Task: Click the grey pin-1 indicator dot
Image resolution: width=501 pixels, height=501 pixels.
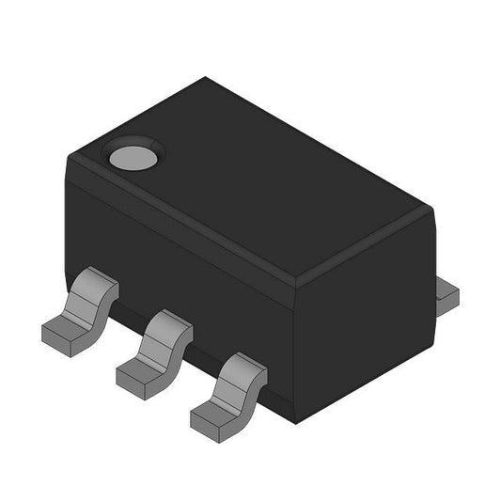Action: (131, 156)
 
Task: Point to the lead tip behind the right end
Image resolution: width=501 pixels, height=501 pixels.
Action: (448, 293)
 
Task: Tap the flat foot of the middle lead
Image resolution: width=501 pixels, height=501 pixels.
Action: (138, 373)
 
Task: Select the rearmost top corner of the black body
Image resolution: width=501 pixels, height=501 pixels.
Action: (209, 79)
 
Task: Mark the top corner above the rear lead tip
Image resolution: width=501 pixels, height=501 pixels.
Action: (430, 211)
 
